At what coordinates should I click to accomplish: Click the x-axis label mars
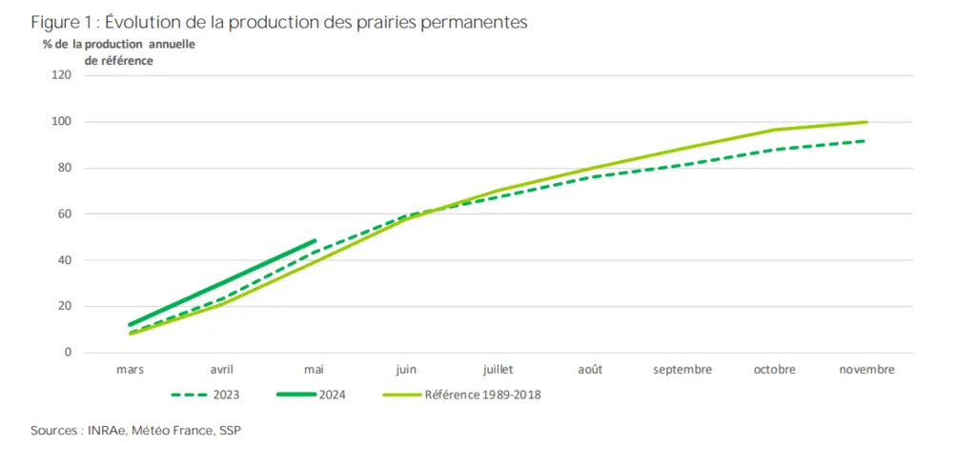point(130,370)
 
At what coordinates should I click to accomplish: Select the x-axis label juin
point(406,370)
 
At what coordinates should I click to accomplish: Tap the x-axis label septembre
point(682,371)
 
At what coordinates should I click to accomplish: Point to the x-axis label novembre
point(866,370)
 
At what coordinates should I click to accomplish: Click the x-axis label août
point(590,370)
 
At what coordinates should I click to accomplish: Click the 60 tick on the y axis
point(66,214)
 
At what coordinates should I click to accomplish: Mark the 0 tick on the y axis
point(69,353)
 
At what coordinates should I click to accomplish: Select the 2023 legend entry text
point(227,395)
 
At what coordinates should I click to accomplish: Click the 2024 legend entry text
point(333,395)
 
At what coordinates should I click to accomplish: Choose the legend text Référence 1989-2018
point(482,395)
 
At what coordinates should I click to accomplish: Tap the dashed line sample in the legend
point(190,395)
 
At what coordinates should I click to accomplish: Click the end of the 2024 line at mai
point(314,241)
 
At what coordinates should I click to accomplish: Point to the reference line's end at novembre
point(865,122)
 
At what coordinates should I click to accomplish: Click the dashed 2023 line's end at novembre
point(865,141)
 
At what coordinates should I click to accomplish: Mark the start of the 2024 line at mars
point(130,324)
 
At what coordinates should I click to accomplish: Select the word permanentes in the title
point(481,24)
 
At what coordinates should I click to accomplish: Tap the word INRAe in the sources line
point(106,431)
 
